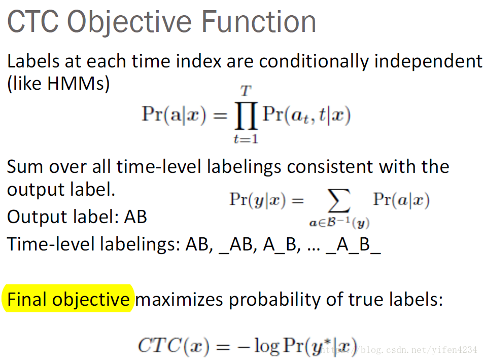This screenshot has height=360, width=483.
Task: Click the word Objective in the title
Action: [129, 22]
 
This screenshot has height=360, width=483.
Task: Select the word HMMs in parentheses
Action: [76, 83]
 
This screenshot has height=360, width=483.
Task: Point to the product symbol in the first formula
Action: [246, 116]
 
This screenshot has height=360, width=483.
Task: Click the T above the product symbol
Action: [246, 91]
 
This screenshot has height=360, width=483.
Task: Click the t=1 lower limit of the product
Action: [246, 139]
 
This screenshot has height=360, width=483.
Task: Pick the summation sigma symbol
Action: [339, 201]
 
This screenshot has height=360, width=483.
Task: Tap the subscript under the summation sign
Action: [339, 223]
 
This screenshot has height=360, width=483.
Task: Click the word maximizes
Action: [179, 299]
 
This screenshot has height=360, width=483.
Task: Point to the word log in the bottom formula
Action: [266, 346]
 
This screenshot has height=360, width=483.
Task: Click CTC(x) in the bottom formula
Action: [174, 345]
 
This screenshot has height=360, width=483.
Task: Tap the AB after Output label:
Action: [135, 217]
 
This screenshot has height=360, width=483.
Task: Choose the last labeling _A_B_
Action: [353, 245]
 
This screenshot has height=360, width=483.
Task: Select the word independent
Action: [428, 61]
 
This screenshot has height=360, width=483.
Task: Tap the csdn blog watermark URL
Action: [397, 350]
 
